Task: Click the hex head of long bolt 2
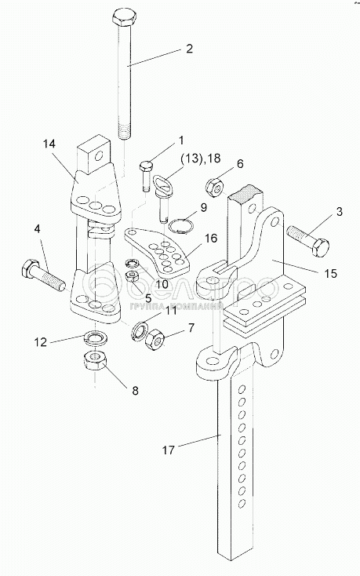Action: point(124,17)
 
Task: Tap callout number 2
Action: point(189,48)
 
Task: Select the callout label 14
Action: point(49,144)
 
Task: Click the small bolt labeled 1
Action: point(146,176)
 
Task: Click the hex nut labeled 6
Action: point(213,186)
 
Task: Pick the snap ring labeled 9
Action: point(183,225)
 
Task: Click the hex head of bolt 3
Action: point(320,247)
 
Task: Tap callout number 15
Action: point(331,274)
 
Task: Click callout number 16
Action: point(211,239)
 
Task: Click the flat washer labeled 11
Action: point(140,329)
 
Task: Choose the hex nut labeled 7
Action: point(155,338)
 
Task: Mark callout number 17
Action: point(169,450)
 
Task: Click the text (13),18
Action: point(200,159)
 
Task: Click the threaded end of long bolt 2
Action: point(124,132)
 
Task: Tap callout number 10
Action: point(162,284)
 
